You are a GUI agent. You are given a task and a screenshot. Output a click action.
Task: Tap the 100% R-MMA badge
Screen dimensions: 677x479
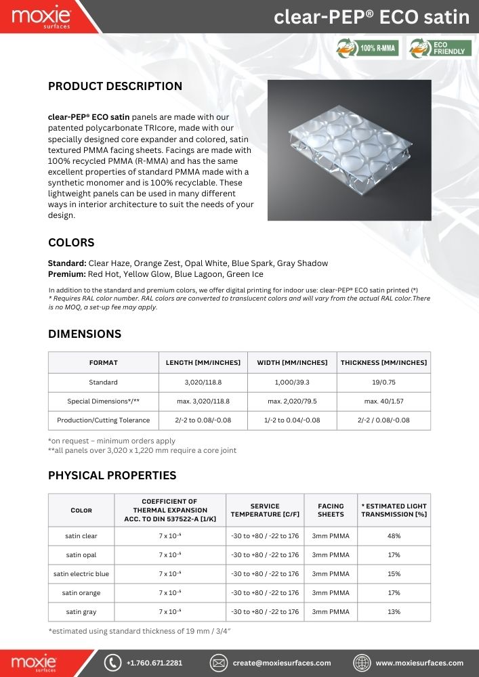click(x=369, y=48)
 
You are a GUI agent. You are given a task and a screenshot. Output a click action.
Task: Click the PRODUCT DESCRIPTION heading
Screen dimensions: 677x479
click(x=115, y=86)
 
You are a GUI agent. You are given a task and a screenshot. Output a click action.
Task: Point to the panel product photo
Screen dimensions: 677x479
click(x=349, y=150)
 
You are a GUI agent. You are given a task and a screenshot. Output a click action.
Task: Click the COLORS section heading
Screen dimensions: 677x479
click(x=71, y=242)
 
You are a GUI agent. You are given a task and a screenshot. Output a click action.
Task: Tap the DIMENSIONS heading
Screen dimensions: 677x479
click(x=85, y=334)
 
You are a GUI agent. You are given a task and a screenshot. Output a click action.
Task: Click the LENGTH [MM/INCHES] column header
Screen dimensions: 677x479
click(x=203, y=363)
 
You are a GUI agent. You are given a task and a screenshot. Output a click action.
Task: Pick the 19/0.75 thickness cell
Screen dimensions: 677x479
click(x=384, y=382)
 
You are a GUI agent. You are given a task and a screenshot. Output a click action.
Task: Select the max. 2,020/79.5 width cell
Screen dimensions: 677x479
click(x=292, y=401)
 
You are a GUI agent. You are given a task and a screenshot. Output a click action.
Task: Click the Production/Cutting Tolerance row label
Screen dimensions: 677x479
click(x=103, y=420)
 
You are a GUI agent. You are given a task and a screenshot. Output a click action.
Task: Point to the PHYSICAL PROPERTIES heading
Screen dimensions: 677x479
click(x=112, y=475)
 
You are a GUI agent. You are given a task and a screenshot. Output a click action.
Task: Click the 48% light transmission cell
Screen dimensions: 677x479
click(x=394, y=536)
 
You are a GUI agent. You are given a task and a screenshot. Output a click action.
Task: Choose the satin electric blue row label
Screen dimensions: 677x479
click(x=81, y=574)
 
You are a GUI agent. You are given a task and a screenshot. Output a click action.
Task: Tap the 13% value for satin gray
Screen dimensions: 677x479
click(x=394, y=612)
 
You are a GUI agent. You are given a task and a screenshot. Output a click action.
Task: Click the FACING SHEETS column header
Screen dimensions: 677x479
click(x=331, y=510)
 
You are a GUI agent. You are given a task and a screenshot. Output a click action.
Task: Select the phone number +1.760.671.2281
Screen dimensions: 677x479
click(x=154, y=663)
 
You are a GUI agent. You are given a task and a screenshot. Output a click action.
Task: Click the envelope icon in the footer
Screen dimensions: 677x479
click(x=217, y=663)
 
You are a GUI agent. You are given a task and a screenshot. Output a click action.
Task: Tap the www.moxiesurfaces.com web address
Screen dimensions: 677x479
click(x=419, y=663)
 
